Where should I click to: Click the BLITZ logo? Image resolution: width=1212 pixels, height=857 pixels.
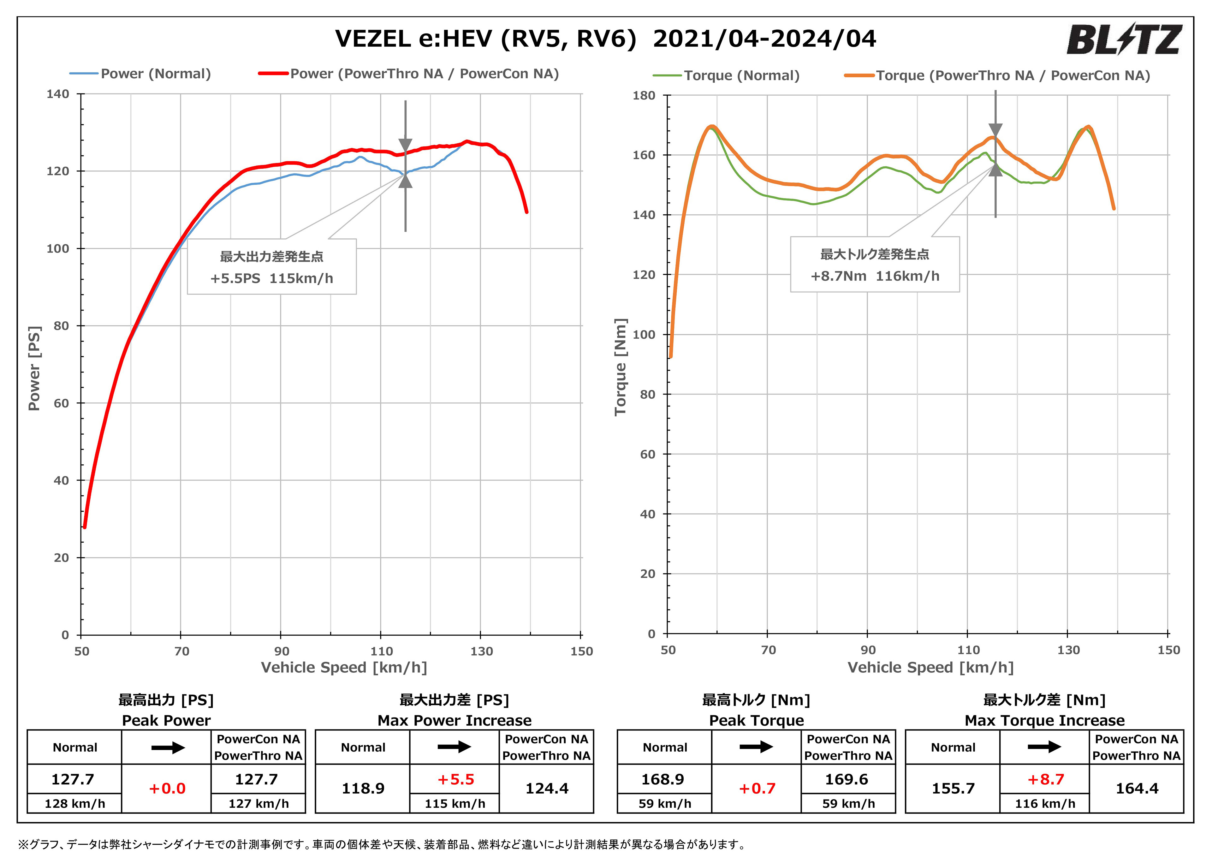pos(1123,40)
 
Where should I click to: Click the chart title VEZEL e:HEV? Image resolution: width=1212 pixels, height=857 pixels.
pos(605,39)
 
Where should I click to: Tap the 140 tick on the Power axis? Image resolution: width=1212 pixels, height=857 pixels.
pos(58,94)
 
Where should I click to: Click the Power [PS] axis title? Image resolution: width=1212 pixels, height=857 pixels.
pos(34,368)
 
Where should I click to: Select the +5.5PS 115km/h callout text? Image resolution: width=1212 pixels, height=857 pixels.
pos(272,278)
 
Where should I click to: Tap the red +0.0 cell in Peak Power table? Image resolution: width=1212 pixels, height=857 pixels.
pos(167,789)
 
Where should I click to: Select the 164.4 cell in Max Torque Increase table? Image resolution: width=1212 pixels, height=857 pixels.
pos(1137,789)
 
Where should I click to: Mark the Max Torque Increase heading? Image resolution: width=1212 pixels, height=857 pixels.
pos(1044,720)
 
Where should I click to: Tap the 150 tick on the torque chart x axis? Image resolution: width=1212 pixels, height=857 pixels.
pos(1168,650)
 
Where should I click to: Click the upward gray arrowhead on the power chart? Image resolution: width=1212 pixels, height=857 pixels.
pos(405,181)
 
